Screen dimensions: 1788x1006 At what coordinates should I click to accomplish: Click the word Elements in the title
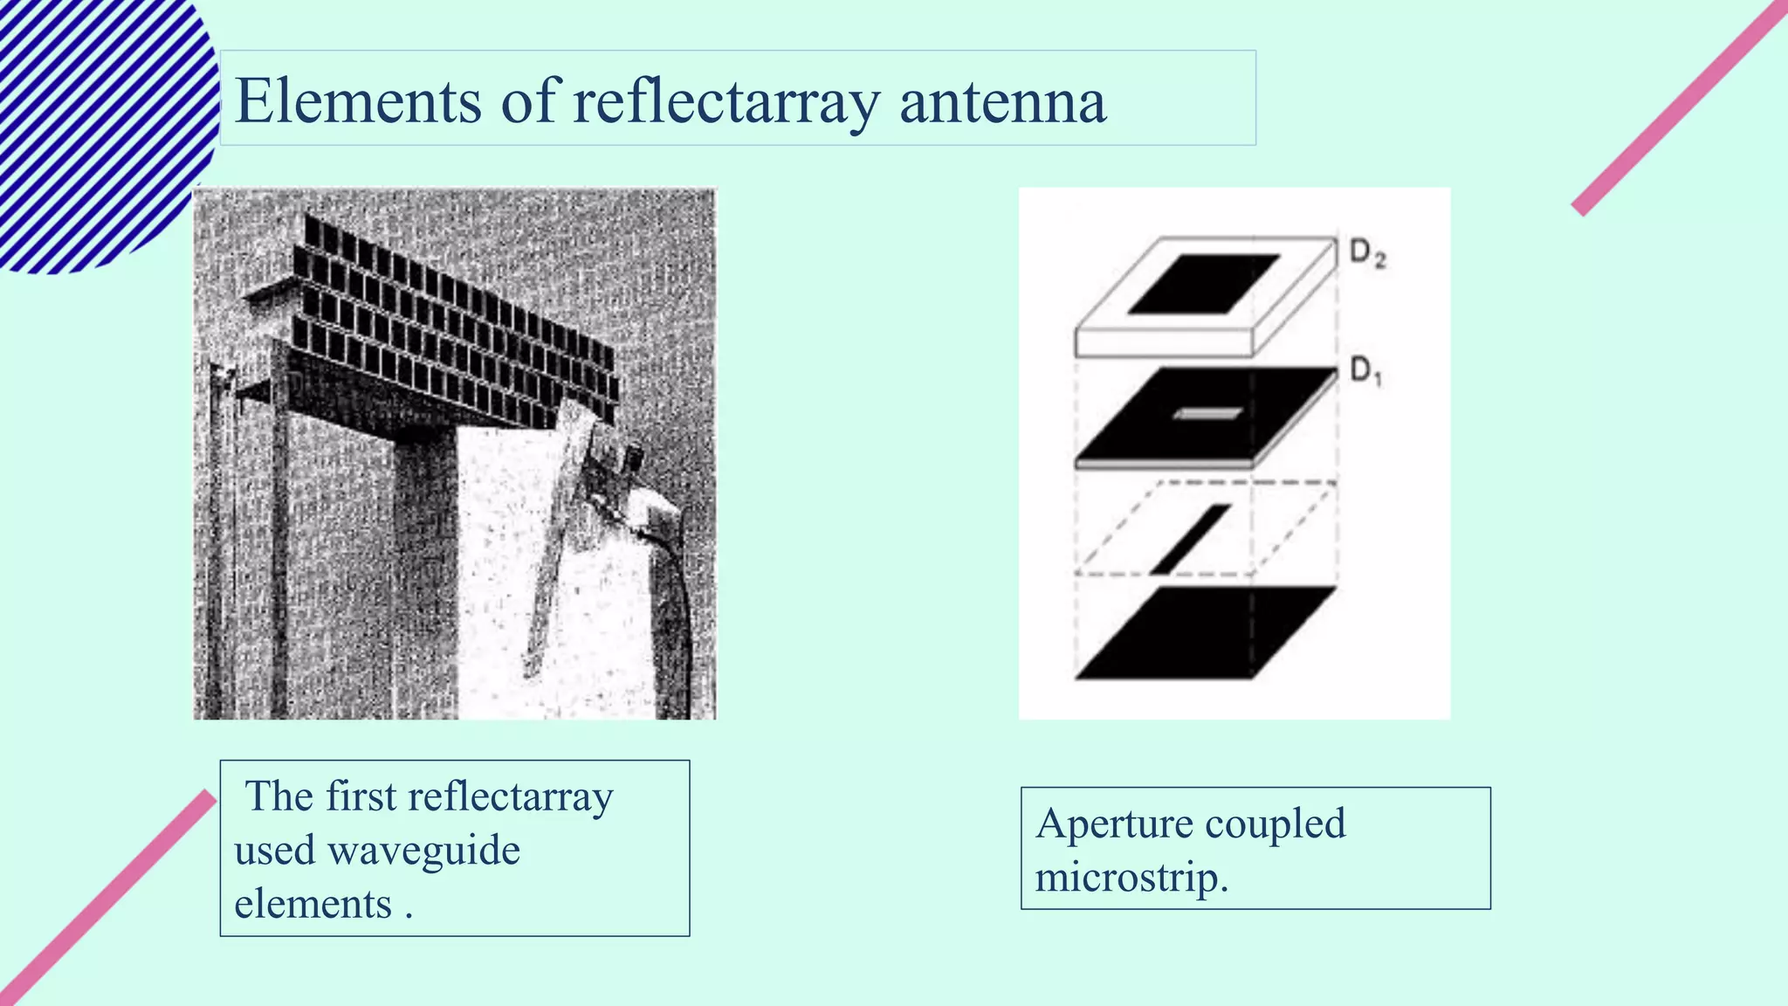tap(358, 101)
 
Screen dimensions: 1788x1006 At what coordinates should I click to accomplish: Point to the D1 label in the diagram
tap(1366, 372)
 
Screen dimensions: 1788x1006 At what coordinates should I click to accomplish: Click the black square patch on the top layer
tap(1204, 283)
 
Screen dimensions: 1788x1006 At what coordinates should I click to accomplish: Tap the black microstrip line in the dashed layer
tap(1191, 539)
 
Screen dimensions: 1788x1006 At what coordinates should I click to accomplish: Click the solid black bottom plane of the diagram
tap(1205, 632)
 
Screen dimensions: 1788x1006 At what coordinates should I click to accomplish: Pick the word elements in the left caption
tap(313, 904)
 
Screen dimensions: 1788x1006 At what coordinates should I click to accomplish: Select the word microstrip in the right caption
tap(1130, 877)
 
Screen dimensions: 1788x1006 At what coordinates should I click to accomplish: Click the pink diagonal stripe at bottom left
tap(105, 899)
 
